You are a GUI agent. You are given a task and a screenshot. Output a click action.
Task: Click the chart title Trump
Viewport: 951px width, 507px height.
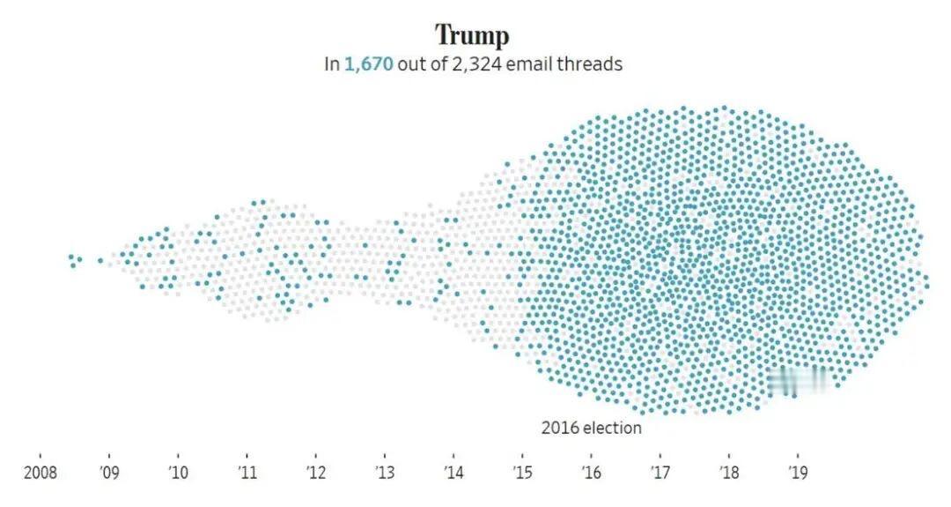[472, 36]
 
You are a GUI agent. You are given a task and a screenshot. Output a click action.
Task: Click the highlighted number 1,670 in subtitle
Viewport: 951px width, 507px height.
[368, 64]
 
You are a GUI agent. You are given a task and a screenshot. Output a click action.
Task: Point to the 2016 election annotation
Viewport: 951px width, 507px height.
[591, 429]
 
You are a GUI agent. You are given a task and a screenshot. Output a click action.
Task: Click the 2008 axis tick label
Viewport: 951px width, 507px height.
[40, 471]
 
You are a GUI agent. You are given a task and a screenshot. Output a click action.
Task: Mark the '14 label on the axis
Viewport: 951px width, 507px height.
[453, 471]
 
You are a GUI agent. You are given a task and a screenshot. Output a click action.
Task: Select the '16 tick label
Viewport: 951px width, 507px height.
[591, 471]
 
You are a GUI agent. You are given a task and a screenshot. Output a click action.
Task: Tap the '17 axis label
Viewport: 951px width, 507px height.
[660, 471]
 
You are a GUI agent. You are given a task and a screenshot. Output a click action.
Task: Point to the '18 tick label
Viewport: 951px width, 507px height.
[728, 471]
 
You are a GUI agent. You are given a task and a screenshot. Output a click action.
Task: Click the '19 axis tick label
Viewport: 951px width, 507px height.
[797, 471]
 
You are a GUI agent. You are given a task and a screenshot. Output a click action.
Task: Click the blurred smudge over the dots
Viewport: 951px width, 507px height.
[798, 380]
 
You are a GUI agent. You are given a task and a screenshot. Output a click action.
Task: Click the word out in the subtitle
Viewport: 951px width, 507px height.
[411, 64]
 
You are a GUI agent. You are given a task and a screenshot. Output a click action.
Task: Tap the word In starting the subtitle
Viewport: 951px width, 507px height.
[331, 64]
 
